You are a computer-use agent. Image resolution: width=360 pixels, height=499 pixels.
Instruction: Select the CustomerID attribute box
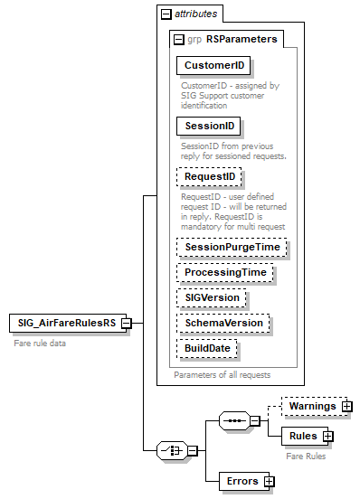[214, 66]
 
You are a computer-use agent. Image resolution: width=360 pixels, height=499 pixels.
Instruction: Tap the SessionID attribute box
[209, 127]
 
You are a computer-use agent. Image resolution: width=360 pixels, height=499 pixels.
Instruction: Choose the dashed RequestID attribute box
[210, 177]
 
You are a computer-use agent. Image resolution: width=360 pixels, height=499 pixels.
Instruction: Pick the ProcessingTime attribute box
[225, 272]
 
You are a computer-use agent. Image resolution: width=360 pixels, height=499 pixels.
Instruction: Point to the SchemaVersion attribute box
[223, 323]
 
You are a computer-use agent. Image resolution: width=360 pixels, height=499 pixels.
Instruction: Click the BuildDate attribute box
[207, 348]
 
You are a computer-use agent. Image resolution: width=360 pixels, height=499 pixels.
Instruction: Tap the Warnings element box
[310, 407]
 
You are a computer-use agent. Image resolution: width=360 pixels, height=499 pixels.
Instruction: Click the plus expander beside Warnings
[346, 407]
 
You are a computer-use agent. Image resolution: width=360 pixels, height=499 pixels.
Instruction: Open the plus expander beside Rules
[327, 437]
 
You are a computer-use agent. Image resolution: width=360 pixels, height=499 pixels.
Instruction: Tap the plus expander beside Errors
[269, 481]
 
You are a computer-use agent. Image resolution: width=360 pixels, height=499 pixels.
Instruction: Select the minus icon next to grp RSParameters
[178, 39]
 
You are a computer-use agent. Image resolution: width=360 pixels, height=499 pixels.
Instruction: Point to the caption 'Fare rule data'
[39, 343]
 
